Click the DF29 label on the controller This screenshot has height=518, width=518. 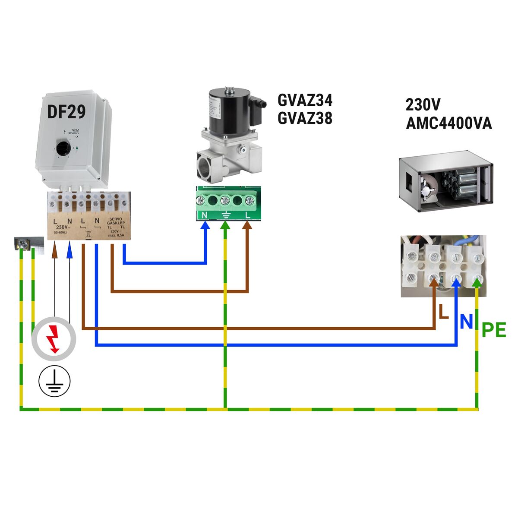66,112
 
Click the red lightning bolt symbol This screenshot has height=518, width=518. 54,339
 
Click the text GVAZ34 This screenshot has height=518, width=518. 305,101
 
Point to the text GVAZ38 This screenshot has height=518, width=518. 305,118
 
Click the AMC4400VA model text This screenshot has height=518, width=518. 449,124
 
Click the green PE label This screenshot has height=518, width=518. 493,331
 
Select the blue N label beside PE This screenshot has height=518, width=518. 466,322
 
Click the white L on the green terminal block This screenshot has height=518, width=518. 248,215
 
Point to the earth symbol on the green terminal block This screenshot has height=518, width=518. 225,215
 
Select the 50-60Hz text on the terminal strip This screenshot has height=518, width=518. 61,233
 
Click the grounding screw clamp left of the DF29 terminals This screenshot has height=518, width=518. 24,244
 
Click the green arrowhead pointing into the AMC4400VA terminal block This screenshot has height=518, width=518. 477,282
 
